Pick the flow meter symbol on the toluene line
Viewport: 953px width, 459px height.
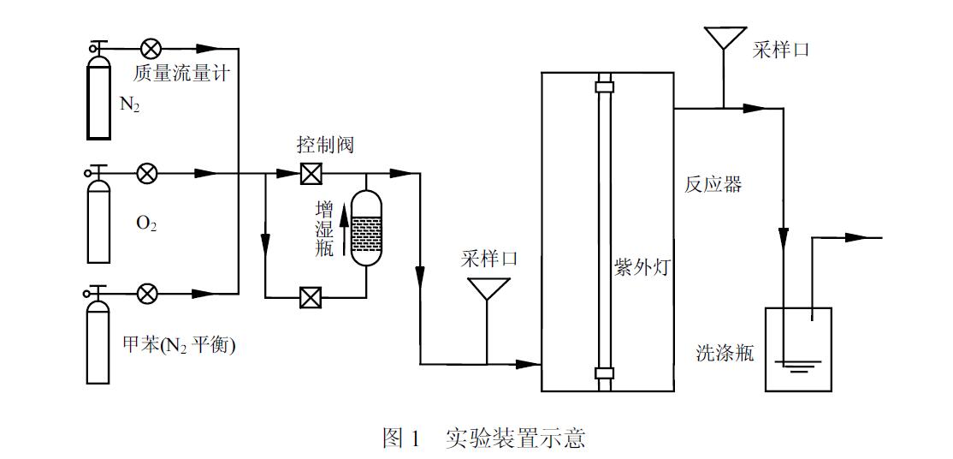tap(148, 294)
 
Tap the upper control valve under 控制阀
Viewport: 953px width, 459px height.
tap(311, 174)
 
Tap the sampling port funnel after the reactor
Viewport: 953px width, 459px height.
tap(724, 39)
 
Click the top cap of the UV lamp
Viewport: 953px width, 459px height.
tap(605, 86)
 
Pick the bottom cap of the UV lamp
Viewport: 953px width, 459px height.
tap(605, 373)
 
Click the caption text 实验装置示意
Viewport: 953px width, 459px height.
tap(516, 438)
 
